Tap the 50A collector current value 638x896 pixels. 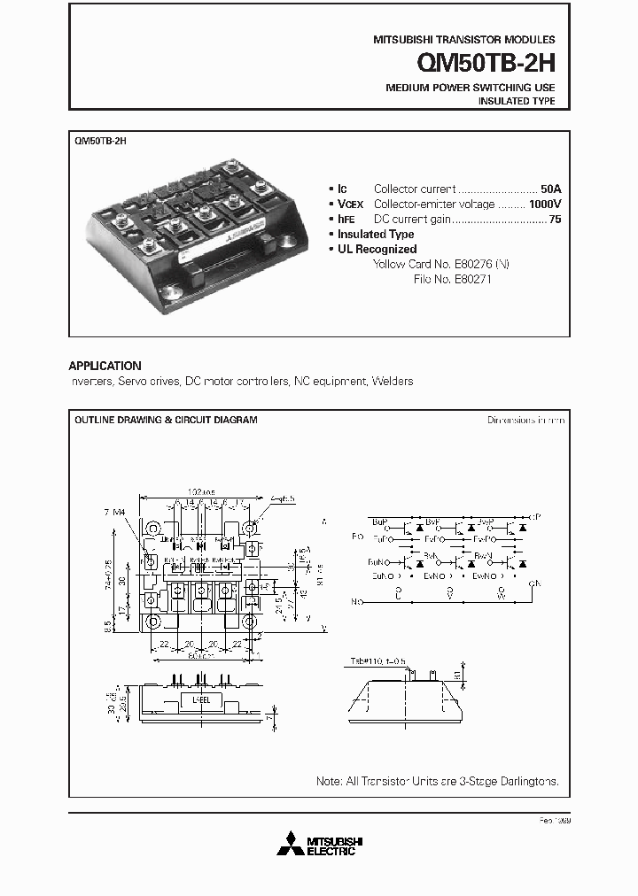(x=549, y=189)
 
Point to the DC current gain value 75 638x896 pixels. (x=555, y=219)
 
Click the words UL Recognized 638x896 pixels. (x=377, y=249)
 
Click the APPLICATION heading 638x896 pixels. (x=105, y=366)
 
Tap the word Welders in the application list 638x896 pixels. (x=393, y=382)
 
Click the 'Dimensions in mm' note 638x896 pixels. (x=525, y=420)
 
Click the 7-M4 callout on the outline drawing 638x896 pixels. (x=115, y=513)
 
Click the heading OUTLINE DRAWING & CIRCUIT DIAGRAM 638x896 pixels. (x=166, y=420)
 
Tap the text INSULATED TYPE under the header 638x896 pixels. (x=517, y=102)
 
